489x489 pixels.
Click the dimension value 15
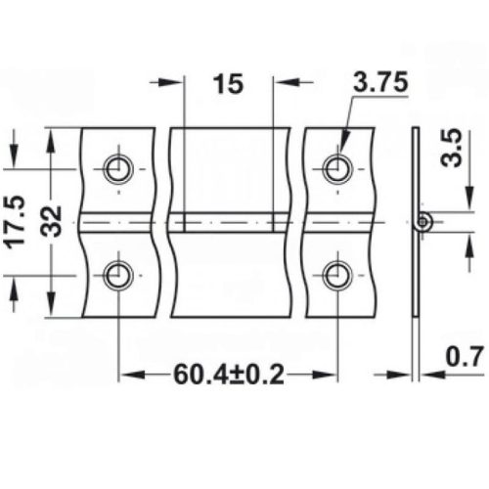click(x=228, y=84)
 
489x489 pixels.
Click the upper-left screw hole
click(x=119, y=168)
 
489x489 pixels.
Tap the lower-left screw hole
click(x=119, y=275)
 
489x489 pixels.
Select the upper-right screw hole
click(x=336, y=168)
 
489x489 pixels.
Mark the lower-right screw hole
click(x=336, y=275)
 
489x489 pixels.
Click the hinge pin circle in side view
click(x=422, y=222)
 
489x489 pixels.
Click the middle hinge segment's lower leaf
click(x=231, y=274)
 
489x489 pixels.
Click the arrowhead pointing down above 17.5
click(x=15, y=157)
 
